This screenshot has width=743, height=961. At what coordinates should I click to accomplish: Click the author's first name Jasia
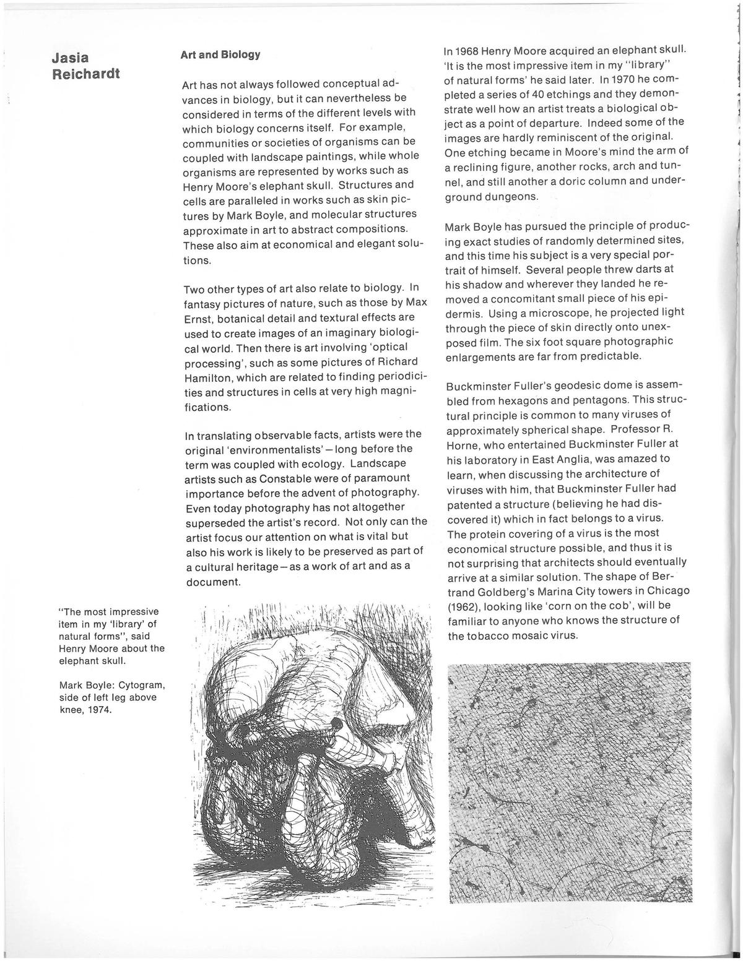[x=71, y=58]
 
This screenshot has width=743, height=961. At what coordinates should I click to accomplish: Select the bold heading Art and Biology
[x=220, y=54]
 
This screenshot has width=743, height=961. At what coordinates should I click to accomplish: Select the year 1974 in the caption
[x=100, y=709]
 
